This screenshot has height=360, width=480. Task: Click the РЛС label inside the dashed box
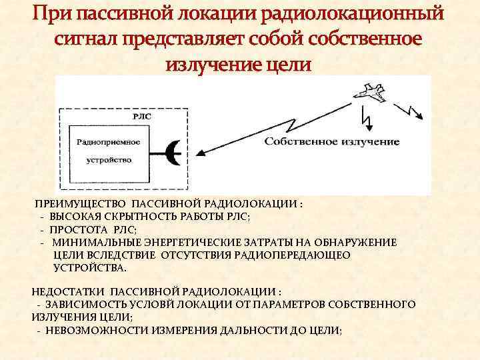pyautogui.click(x=142, y=115)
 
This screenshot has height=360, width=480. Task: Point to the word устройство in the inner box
pyautogui.click(x=109, y=160)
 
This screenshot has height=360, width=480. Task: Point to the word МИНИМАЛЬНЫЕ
pyautogui.click(x=93, y=243)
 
